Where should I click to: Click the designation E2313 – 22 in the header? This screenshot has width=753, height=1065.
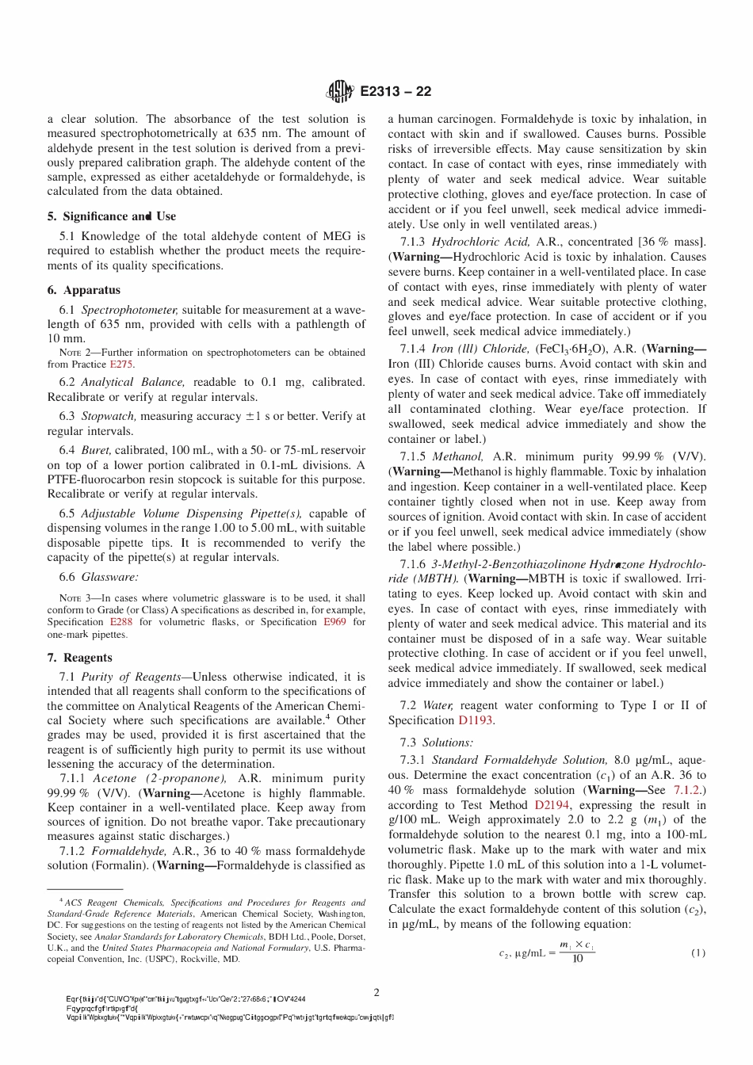[396, 92]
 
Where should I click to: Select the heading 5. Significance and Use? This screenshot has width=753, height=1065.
[111, 216]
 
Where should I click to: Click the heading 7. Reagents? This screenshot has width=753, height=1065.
[79, 658]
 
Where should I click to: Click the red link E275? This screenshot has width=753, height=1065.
[121, 365]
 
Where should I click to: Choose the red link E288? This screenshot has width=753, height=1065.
[121, 622]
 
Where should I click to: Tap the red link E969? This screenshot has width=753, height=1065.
[334, 622]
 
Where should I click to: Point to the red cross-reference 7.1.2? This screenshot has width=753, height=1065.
[686, 790]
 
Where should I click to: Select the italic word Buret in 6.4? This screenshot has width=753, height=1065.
[96, 450]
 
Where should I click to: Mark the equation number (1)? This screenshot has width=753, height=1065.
[698, 952]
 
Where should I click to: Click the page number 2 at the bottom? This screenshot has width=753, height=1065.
[376, 993]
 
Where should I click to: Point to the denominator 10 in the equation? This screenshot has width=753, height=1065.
[577, 959]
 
